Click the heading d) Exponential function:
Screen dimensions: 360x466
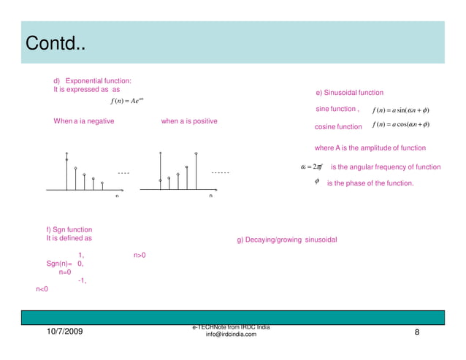(x=93, y=80)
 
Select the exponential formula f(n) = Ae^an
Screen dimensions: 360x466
(x=129, y=101)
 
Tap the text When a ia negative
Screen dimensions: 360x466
(x=83, y=121)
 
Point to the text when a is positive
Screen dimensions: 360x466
(x=188, y=121)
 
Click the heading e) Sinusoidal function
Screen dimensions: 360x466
(x=349, y=93)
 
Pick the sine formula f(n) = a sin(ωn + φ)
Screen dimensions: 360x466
(x=400, y=110)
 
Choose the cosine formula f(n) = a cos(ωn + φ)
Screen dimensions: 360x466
(x=400, y=125)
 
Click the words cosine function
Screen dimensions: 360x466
(x=338, y=127)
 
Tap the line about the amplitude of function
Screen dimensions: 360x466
(x=375, y=148)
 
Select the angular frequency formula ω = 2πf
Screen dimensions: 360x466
(x=312, y=167)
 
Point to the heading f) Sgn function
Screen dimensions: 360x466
(x=69, y=229)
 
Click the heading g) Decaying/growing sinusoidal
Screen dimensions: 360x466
(x=287, y=240)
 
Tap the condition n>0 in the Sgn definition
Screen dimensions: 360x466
(x=140, y=256)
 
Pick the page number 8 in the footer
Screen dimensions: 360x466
(x=416, y=333)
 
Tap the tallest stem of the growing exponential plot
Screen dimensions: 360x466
(x=196, y=171)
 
